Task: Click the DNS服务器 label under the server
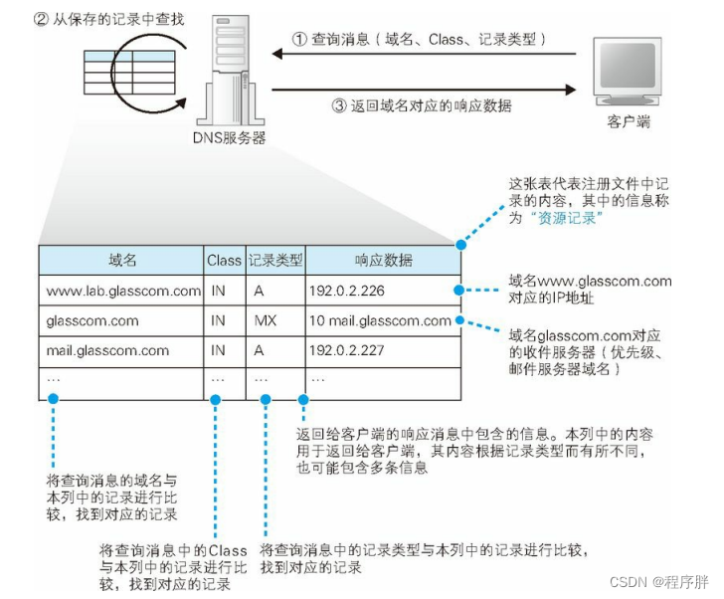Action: tap(228, 138)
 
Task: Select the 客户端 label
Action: tap(628, 122)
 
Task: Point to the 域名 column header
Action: tap(122, 260)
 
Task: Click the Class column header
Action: tap(225, 260)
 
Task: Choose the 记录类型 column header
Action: tap(274, 260)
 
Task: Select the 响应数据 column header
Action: tap(383, 260)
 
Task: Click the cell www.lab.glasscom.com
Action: tap(122, 291)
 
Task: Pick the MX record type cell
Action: tap(266, 320)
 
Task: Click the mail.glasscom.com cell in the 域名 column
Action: tap(107, 350)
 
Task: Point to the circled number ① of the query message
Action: tap(300, 39)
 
